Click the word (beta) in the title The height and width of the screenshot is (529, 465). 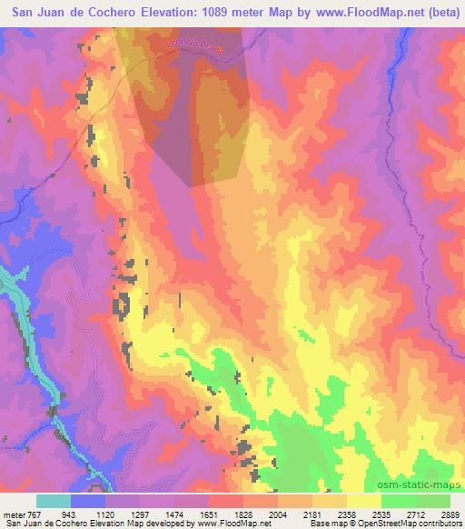pos(442,13)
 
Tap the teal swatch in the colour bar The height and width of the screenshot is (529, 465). pos(54,501)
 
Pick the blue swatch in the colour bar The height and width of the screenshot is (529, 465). pos(89,501)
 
